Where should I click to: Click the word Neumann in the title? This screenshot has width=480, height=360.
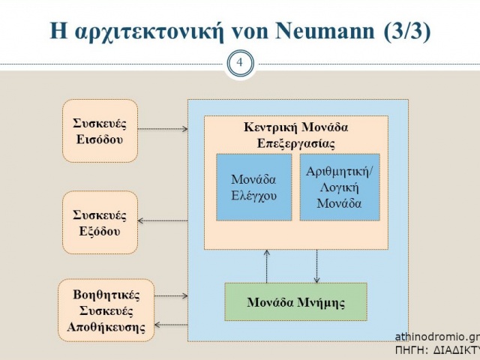tap(325, 31)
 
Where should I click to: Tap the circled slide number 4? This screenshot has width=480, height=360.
tap(240, 63)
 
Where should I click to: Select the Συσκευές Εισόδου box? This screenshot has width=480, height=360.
tap(100, 130)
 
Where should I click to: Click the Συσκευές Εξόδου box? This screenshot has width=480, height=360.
tap(100, 223)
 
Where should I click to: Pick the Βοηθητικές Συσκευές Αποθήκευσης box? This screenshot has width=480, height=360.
tap(106, 310)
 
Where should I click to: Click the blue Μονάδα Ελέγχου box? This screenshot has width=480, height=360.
tap(253, 187)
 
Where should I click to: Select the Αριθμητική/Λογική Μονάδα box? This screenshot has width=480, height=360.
tap(340, 187)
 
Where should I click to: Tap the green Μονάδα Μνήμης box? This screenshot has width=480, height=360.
tap(295, 301)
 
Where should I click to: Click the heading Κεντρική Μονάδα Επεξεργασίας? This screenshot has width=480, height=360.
tap(295, 135)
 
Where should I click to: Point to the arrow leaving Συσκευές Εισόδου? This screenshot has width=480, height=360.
tap(163, 129)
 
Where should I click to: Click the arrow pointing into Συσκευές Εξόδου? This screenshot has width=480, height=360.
tap(163, 220)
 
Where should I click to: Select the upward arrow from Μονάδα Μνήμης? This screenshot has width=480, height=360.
tap(267, 266)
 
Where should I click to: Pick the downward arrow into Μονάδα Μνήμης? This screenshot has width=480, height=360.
tap(316, 266)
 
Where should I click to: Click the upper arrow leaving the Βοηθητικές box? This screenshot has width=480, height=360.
tap(171, 295)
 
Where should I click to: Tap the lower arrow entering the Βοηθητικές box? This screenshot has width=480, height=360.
tap(171, 325)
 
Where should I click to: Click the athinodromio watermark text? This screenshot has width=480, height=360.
tap(437, 337)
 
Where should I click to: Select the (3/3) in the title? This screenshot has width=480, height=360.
tap(407, 31)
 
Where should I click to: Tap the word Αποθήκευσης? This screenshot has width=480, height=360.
tap(106, 327)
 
